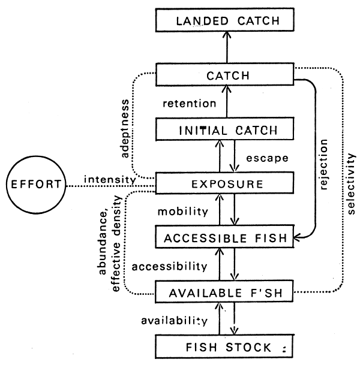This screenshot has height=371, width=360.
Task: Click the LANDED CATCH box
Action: coord(227,22)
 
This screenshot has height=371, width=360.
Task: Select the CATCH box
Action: coord(227,76)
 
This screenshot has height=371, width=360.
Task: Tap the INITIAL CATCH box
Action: coord(227,129)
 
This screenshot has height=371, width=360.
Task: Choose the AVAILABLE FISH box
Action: coord(227,292)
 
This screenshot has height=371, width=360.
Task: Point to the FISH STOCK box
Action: coord(227,346)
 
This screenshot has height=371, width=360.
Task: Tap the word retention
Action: coord(189,104)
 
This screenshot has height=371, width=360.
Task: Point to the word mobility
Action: coord(182,212)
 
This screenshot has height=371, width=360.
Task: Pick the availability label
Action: coord(175,320)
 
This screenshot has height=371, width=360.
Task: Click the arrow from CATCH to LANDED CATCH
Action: coord(227,49)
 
